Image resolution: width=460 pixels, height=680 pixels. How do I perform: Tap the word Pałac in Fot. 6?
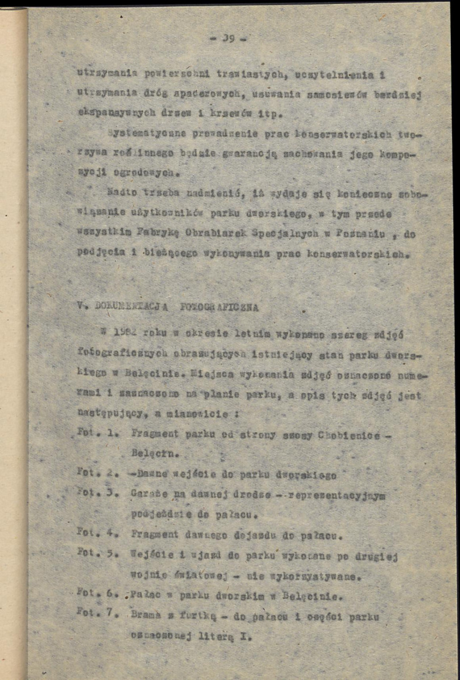[x=142, y=596]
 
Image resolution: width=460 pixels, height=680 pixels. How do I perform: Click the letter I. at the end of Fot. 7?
[x=245, y=636]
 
